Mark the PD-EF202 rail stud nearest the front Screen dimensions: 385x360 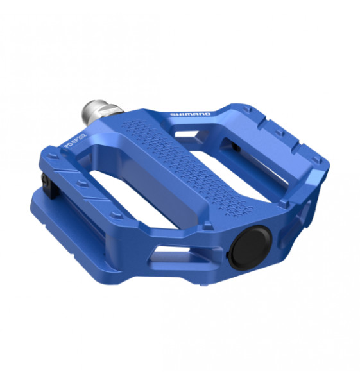point(114,213)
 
